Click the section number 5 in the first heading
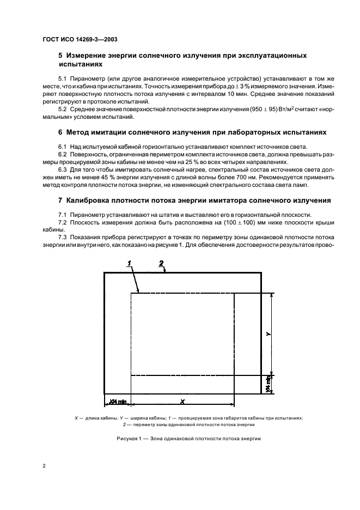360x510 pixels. tap(60, 56)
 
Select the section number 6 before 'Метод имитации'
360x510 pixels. tap(60, 132)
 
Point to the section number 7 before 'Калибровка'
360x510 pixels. tap(60, 201)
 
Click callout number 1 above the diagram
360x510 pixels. tap(130, 263)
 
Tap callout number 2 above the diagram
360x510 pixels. tap(161, 263)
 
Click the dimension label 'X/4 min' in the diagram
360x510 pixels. tap(117, 402)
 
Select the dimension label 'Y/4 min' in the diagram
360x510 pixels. tap(269, 384)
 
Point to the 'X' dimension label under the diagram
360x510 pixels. tap(182, 401)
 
